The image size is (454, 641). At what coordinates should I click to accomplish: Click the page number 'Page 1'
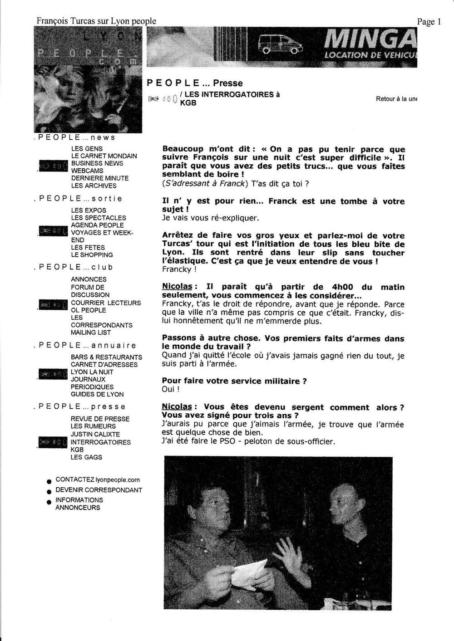point(429,22)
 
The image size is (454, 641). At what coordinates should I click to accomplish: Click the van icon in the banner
point(277,44)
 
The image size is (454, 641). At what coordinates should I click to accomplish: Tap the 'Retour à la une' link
point(396,99)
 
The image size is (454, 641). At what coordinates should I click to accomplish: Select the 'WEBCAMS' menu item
point(87,171)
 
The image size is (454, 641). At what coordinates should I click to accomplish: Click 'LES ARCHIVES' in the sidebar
point(94,186)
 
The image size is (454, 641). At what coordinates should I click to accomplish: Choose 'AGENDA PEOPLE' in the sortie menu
point(97,225)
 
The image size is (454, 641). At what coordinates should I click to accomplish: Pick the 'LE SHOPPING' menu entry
point(92,255)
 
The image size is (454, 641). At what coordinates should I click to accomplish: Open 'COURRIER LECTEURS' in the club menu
point(106,303)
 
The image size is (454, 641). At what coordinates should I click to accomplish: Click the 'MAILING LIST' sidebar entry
point(91,333)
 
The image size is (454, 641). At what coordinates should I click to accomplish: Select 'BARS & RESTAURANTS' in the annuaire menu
point(106,357)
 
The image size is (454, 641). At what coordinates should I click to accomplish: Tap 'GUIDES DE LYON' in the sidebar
point(97,394)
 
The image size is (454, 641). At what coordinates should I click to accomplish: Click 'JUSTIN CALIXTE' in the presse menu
point(95,434)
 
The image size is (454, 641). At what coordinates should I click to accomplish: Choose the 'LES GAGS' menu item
point(86,457)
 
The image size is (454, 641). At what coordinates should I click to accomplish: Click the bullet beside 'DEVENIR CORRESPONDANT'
point(49,491)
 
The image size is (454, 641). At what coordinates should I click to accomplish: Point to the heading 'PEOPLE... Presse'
point(195,83)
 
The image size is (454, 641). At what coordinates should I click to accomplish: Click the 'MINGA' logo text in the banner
point(370,41)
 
